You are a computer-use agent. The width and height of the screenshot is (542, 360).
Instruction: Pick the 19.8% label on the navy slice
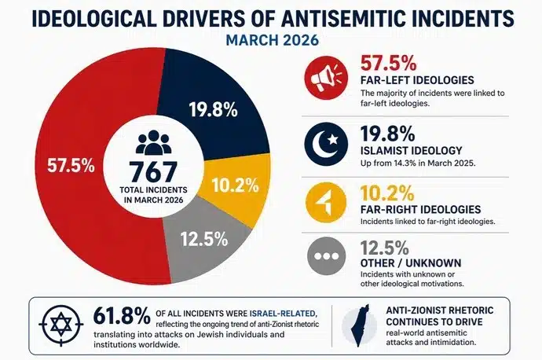tap(214, 109)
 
